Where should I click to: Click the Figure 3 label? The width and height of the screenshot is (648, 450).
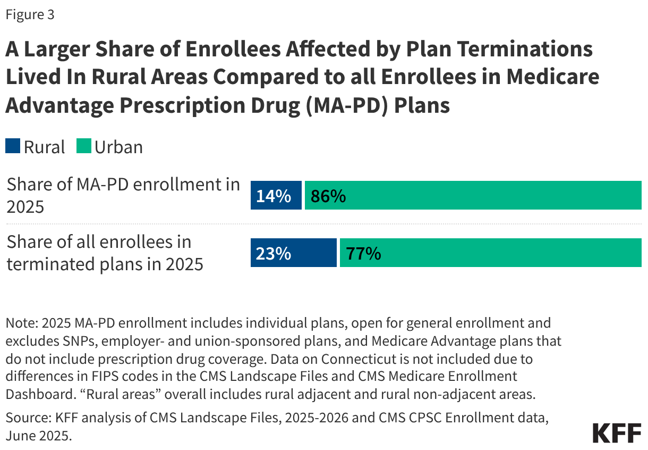coord(30,15)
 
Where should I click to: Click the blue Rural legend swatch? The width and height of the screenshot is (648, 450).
coord(13,146)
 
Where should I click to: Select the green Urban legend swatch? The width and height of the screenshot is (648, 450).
coord(83,146)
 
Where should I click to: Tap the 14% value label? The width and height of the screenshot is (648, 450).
coord(273,196)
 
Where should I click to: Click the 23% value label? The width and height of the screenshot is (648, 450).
coord(273,254)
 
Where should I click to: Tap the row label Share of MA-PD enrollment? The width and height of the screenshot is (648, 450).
coord(123,195)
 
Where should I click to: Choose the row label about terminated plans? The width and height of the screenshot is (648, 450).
coord(105,253)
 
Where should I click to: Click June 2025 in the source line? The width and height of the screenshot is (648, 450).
coord(38,436)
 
